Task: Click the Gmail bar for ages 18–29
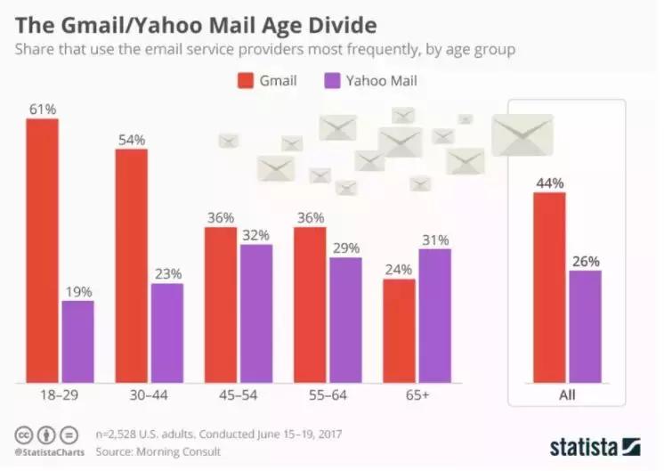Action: [42, 250]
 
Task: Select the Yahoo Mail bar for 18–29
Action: [77, 342]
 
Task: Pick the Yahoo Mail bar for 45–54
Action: [255, 313]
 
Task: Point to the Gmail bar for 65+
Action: [399, 330]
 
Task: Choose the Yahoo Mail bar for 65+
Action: [434, 315]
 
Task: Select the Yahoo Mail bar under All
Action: [586, 326]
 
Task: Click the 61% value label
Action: [42, 110]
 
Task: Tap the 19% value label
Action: [77, 291]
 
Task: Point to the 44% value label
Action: [549, 183]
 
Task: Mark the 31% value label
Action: [435, 240]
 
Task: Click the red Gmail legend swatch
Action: [245, 81]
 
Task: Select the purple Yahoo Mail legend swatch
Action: [330, 81]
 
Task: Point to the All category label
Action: [567, 394]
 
